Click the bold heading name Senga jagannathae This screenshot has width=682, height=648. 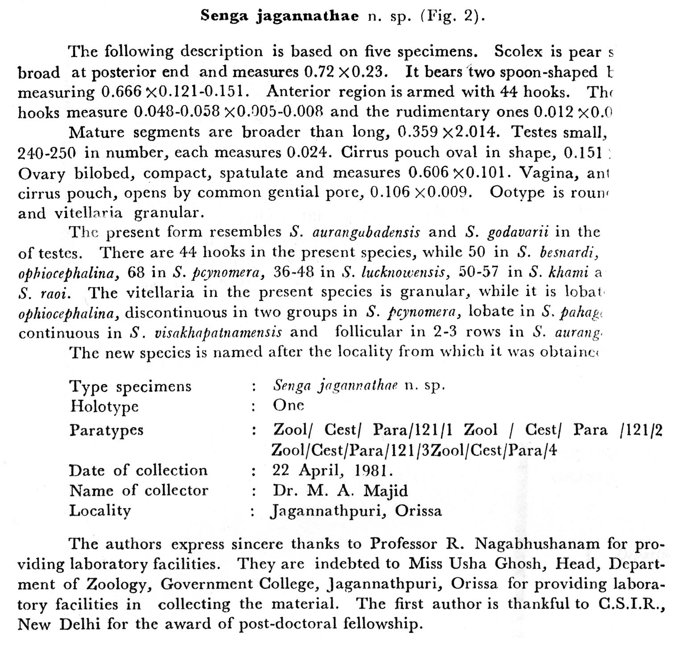pyautogui.click(x=279, y=16)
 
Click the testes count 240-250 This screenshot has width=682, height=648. pyautogui.click(x=46, y=153)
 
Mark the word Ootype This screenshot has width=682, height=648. pyautogui.click(x=517, y=193)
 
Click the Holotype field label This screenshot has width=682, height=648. pyautogui.click(x=104, y=406)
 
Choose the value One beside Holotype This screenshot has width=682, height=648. pyautogui.click(x=288, y=405)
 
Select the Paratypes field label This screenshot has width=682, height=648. pyautogui.click(x=106, y=430)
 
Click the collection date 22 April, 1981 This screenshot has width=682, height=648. pyautogui.click(x=333, y=471)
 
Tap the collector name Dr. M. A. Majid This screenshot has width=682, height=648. pyautogui.click(x=340, y=491)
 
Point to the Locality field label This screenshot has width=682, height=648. pyautogui.click(x=100, y=511)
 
